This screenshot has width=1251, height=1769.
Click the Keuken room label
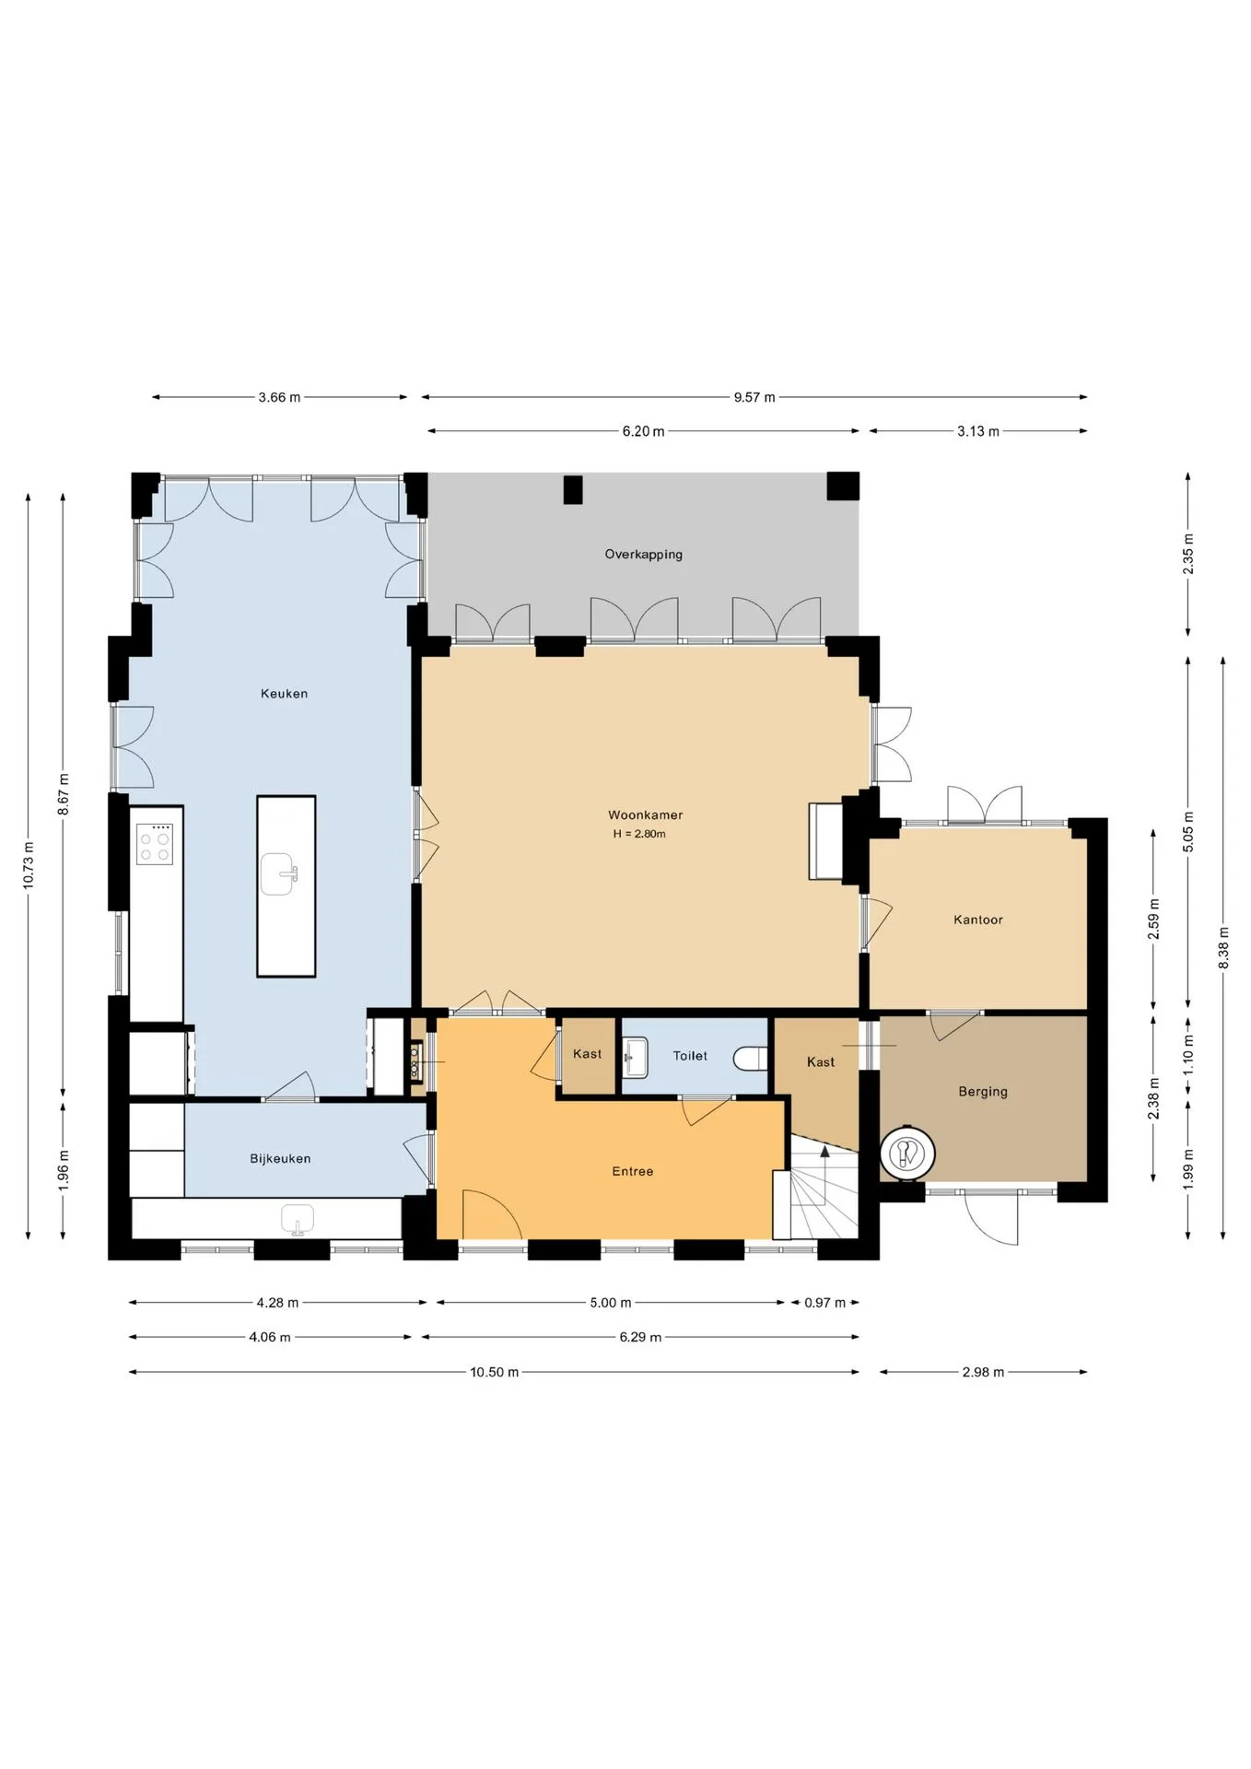pos(284,694)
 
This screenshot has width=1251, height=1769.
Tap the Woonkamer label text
pos(645,815)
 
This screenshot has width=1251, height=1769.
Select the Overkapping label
pos(643,555)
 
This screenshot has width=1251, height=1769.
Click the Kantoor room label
pos(977,920)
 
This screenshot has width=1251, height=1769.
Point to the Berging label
pos(983,1092)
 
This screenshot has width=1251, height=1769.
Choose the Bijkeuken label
pos(280,1159)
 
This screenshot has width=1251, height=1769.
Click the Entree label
pos(632,1172)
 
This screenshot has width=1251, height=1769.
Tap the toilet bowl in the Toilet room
pos(751,1058)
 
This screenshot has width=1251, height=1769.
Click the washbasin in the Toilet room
pos(636,1057)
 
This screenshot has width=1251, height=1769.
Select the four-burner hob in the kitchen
pos(155,843)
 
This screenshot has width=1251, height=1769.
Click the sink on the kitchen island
pos(279,873)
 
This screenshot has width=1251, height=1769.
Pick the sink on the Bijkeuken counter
pos(298,1219)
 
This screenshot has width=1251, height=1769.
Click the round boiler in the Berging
pos(907,1152)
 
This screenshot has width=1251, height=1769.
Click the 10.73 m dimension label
pos(29,866)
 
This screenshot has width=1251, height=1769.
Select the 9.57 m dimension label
pos(754,398)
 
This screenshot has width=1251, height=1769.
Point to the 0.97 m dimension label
pos(824,1303)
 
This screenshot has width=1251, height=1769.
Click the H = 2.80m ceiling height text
pos(639,835)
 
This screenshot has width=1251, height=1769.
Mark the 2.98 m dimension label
pos(983,1372)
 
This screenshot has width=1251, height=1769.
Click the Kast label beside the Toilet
pos(588,1054)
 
